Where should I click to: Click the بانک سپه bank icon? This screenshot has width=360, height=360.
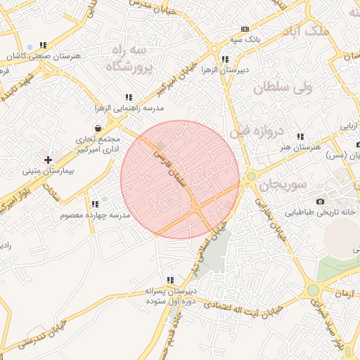tap(245, 29)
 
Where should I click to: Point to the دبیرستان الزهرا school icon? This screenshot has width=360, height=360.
tap(224, 60)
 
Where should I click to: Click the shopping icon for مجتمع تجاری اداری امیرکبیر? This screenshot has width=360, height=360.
tap(96, 129)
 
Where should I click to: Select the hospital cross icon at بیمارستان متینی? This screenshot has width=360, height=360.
tap(48, 160)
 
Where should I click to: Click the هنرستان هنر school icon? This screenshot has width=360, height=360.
tap(301, 136)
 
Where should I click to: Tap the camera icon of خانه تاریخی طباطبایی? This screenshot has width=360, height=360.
tap(321, 202)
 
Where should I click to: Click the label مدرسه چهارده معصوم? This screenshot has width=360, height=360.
tap(95, 214)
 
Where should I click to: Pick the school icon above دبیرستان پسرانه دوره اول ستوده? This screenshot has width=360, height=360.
tap(169, 280)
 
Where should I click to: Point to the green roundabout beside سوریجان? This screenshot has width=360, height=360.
tap(251, 176)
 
